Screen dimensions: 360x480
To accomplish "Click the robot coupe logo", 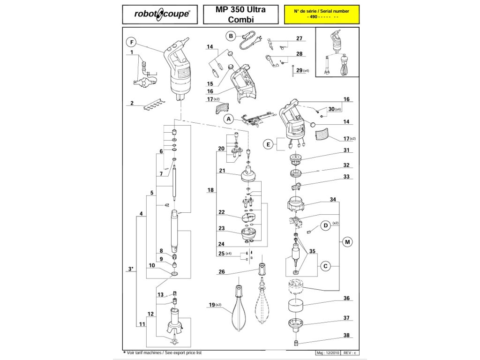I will point(162,15).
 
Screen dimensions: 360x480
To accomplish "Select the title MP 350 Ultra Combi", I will point(240,15).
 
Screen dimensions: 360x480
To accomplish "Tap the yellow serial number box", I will point(321,15).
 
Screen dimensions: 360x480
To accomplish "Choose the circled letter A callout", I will point(228,119).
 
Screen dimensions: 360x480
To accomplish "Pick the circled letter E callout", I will point(268,144).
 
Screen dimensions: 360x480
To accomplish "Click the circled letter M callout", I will point(347,242).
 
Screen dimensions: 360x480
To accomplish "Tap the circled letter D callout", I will point(325,226).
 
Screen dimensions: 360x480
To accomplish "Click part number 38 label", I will point(346,335).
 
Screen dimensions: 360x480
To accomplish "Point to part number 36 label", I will point(346,298).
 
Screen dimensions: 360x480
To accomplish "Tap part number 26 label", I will point(222,272).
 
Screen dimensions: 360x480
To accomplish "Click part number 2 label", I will point(132,103).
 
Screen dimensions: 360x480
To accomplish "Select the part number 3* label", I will point(131,269).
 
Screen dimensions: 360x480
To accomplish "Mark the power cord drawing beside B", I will point(249,41).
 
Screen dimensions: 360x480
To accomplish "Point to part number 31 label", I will point(346,150).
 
